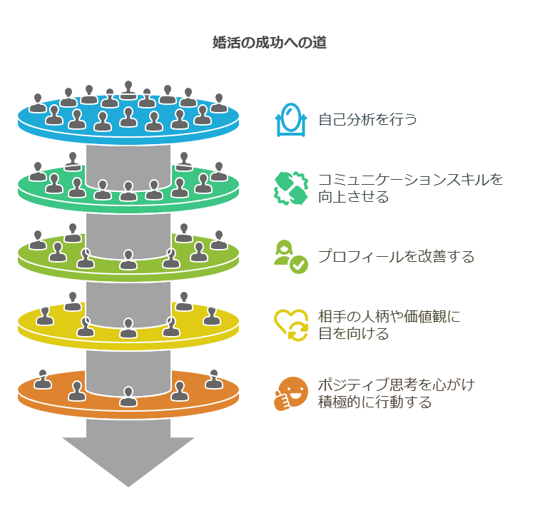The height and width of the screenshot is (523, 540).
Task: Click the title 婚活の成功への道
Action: (270, 43)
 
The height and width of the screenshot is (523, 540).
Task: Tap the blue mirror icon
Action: (290, 119)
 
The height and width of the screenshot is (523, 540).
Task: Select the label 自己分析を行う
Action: (367, 119)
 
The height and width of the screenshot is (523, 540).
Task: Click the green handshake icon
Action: (290, 188)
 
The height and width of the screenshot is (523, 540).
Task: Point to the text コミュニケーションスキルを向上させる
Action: (410, 188)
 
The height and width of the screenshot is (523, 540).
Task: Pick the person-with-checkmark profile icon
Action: (290, 257)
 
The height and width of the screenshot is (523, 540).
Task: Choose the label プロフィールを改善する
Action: (396, 257)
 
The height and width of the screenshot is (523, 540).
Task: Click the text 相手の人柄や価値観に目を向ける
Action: (389, 325)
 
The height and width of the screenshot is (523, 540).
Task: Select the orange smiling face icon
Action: (290, 393)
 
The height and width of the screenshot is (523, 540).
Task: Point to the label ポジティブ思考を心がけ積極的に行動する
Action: (396, 393)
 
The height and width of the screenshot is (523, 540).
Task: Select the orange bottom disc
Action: (43, 396)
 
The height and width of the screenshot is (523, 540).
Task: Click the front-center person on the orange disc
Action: (128, 397)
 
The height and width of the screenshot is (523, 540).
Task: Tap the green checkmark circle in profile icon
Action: (299, 265)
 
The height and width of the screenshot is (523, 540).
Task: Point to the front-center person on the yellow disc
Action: (128, 328)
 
